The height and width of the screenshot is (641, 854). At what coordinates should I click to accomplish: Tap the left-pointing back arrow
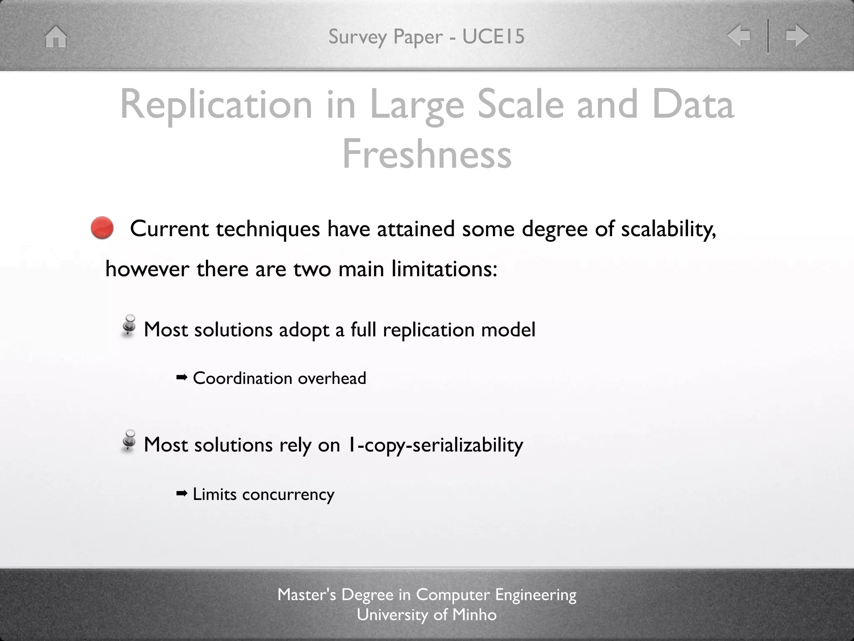coord(738,35)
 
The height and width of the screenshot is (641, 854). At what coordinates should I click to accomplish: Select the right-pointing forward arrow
coord(797,35)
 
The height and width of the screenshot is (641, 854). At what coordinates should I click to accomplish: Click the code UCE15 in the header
coord(493,36)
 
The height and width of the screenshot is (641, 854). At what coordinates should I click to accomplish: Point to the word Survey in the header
coord(358,37)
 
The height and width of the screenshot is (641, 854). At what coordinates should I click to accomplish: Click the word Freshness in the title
coord(427,154)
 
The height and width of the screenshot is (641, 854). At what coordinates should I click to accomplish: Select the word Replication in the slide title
coord(216,105)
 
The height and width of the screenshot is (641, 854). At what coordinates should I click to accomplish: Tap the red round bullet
coord(102,228)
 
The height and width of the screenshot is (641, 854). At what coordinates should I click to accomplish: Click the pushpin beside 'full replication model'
coord(129,326)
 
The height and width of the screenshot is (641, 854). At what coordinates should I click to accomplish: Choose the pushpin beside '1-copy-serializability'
coord(129,441)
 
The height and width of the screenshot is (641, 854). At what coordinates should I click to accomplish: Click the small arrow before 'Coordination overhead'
coord(182,378)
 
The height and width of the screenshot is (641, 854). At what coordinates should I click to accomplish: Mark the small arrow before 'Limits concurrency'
coord(182,494)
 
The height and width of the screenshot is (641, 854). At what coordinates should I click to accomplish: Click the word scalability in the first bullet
coord(668,229)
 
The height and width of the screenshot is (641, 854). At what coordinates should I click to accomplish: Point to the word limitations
coord(444,269)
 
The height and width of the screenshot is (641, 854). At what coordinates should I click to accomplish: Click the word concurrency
coord(288,495)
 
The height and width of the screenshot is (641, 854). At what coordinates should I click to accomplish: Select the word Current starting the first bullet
coord(169,229)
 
